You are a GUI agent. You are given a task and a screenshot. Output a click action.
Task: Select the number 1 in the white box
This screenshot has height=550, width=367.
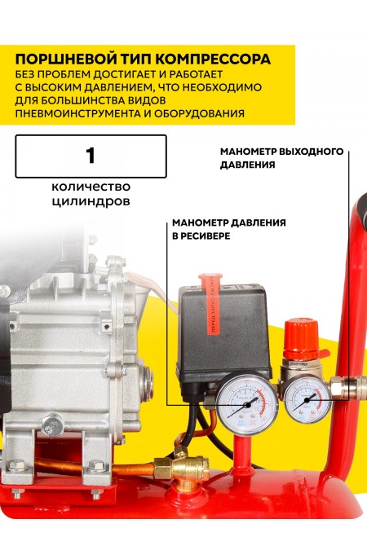tap(91, 156)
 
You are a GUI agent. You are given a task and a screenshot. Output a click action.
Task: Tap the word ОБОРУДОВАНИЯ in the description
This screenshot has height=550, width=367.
tap(198, 113)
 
